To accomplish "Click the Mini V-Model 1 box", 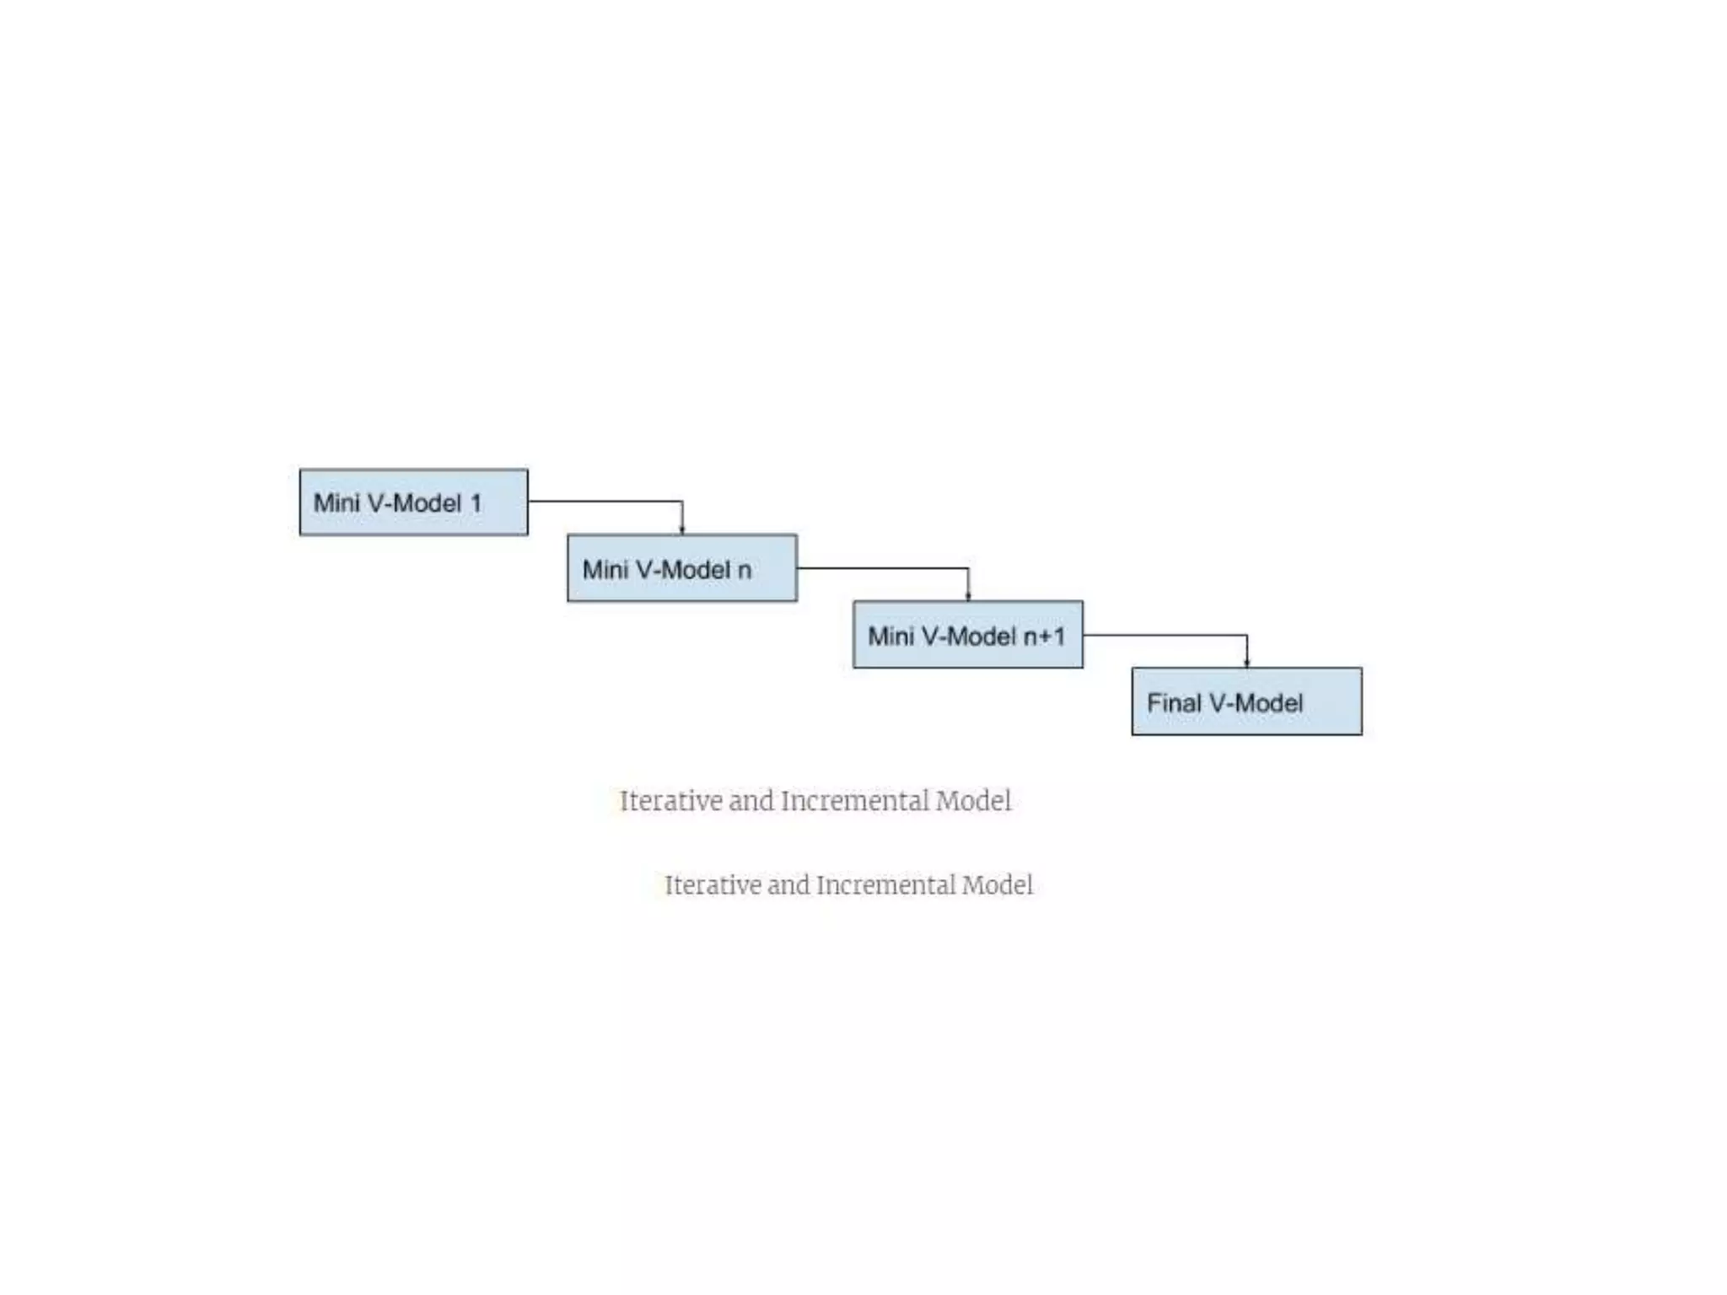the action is [x=413, y=502].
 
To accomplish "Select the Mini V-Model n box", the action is [x=681, y=568].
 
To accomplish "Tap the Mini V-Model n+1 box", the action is [x=967, y=635].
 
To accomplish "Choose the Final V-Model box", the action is [x=1245, y=701].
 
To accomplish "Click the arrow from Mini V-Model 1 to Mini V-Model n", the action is [x=607, y=502].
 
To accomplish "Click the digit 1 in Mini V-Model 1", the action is [x=476, y=503].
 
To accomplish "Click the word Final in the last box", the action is [x=1174, y=702].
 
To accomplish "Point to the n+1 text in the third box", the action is [x=1043, y=636].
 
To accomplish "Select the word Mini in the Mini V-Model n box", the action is [x=605, y=570].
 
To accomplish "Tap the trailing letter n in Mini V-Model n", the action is [x=745, y=571].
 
